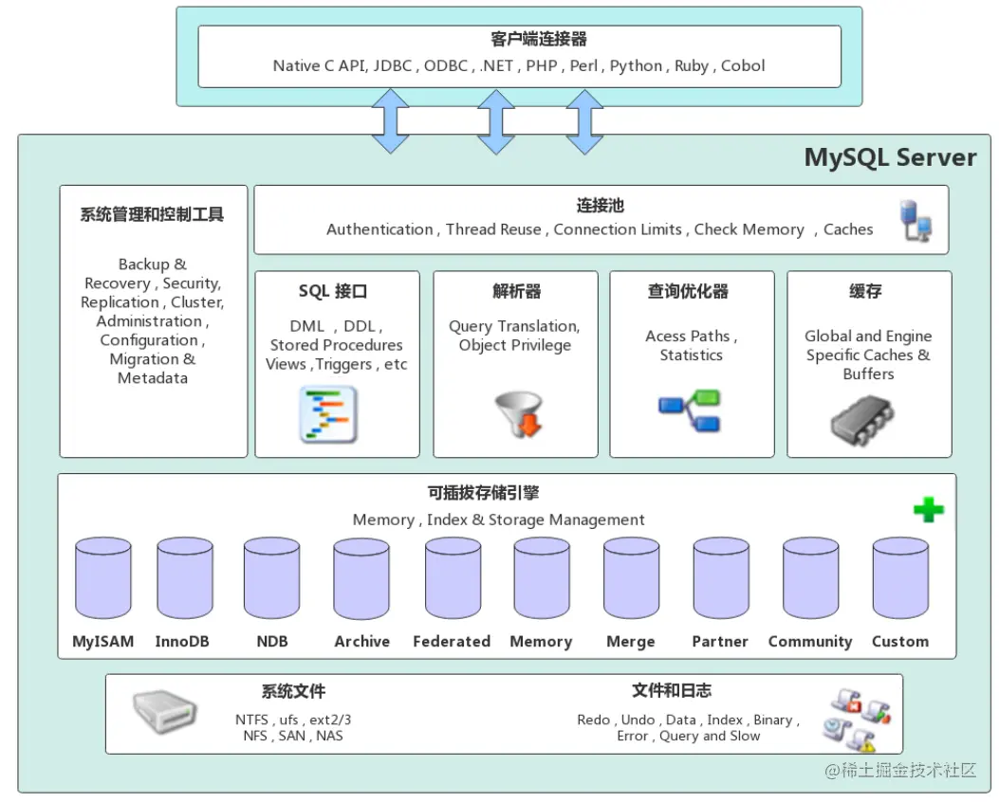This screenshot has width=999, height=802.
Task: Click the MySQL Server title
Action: (x=890, y=158)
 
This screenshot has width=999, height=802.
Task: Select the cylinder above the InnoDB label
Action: (x=185, y=577)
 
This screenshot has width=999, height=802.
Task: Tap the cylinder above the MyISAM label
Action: (x=103, y=577)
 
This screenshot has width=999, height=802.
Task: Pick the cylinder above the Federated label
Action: (x=453, y=577)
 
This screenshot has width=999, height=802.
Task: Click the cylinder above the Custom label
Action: (x=900, y=577)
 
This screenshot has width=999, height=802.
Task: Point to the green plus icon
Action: (x=928, y=509)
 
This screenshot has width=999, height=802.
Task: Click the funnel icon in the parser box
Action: (x=519, y=413)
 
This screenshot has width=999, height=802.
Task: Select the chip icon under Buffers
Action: (x=862, y=419)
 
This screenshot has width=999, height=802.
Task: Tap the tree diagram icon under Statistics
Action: (x=690, y=410)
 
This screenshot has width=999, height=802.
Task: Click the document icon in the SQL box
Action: (x=328, y=414)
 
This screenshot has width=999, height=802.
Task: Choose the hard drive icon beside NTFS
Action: (x=164, y=712)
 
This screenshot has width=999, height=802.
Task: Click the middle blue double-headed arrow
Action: (x=495, y=121)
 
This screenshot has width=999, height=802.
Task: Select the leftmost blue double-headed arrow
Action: (x=390, y=121)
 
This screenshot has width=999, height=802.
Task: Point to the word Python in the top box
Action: (x=636, y=66)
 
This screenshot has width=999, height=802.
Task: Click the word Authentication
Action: (x=379, y=229)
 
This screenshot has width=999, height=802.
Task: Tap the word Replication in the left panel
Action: (x=120, y=302)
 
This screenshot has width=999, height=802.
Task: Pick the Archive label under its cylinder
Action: (x=361, y=641)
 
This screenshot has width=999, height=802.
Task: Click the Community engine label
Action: (x=810, y=642)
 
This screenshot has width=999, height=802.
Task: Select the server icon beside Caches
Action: (x=916, y=220)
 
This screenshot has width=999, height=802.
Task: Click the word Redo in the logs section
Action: (x=593, y=720)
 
